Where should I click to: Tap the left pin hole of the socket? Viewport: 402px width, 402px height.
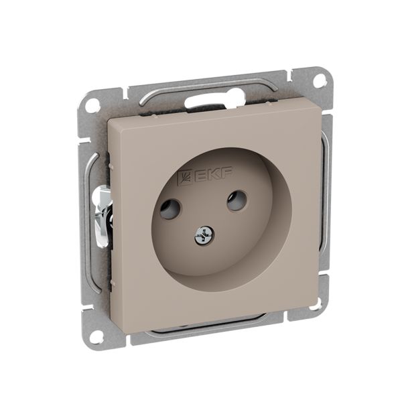point(170,210)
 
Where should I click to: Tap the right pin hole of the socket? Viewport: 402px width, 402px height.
point(237,200)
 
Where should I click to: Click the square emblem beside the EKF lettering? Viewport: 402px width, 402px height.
point(186,178)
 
